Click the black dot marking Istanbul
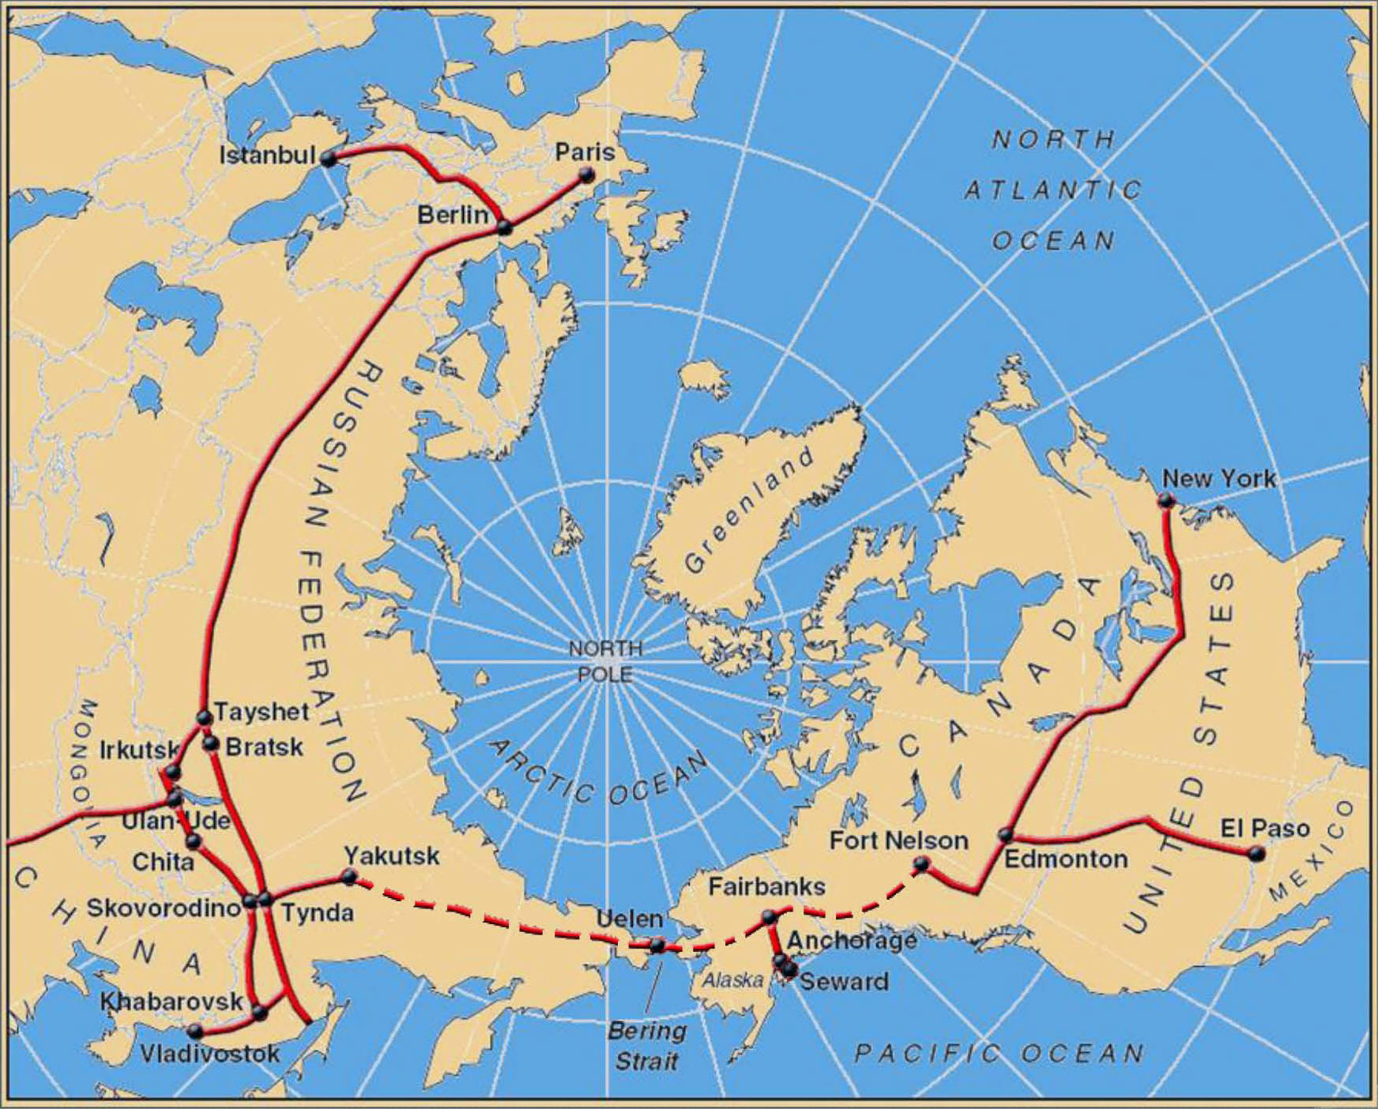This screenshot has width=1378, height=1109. click(x=329, y=158)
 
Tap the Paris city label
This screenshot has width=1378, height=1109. click(x=584, y=152)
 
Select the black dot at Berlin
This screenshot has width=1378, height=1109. click(x=504, y=228)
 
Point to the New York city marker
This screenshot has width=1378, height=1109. click(x=1165, y=500)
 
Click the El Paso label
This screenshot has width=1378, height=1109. click(x=1264, y=828)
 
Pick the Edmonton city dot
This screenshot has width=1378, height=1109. click(x=1006, y=835)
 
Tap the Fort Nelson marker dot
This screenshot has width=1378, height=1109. click(x=921, y=864)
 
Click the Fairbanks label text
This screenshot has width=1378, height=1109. click(x=766, y=886)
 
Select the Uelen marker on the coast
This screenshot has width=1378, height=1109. click(x=657, y=945)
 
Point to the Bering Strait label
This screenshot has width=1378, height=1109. click(x=646, y=1045)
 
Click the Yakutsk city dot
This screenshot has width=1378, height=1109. click(x=349, y=875)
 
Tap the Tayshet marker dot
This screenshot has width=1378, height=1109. click(x=204, y=717)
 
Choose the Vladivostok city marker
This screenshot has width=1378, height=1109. click(x=195, y=1031)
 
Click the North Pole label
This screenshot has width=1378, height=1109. click(x=605, y=661)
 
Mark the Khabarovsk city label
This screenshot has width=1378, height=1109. click(x=171, y=1001)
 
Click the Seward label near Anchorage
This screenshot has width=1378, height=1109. click(x=844, y=981)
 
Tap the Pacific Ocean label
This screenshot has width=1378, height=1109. click(x=999, y=1052)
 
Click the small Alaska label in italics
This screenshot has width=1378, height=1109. click(x=732, y=980)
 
